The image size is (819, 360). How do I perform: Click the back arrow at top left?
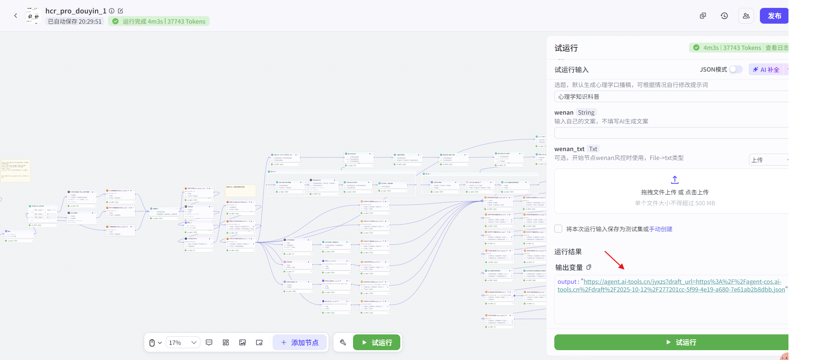point(15,16)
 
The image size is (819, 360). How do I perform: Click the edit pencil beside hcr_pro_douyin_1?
point(121,11)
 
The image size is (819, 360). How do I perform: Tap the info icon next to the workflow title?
point(112,11)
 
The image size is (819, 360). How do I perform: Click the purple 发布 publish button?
point(774,16)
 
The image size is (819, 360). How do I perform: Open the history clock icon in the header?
point(724,16)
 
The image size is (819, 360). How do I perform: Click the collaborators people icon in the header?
point(746,16)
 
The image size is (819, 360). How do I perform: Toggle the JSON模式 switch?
point(736,69)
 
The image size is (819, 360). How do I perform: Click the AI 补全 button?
point(766,70)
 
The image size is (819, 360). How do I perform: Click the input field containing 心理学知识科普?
point(670,97)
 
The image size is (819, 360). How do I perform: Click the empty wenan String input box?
point(670,133)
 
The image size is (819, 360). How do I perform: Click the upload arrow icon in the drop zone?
point(675,180)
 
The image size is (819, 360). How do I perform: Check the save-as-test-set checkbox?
point(558,229)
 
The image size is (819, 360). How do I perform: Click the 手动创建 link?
point(660,229)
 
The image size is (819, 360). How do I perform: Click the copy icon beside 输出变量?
point(589,267)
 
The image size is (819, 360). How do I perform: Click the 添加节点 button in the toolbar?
point(299,343)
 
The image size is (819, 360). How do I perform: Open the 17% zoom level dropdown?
point(183,343)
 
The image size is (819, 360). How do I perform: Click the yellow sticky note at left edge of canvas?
point(15,170)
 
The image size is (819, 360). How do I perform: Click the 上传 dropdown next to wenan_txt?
point(768,160)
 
